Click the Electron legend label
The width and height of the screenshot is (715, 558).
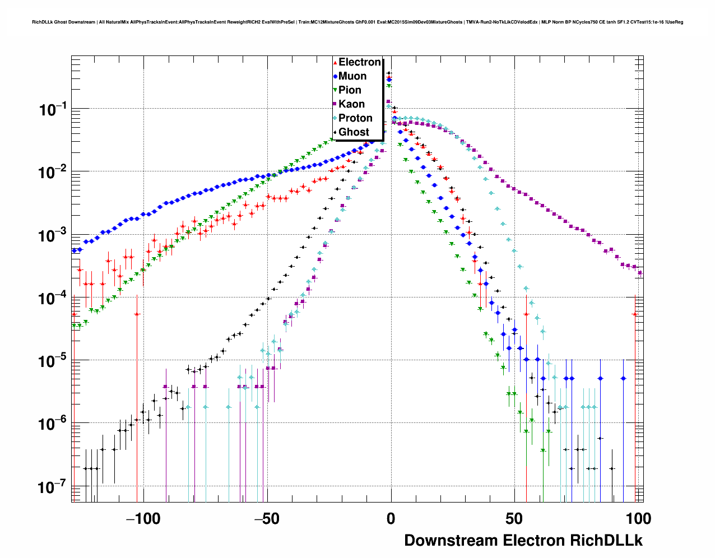[360, 62]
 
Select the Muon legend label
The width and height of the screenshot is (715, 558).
[352, 76]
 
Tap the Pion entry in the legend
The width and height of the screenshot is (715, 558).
[350, 90]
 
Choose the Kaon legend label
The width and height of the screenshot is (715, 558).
[351, 104]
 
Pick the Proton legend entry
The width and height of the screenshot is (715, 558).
[355, 118]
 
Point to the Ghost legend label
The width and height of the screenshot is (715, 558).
[354, 132]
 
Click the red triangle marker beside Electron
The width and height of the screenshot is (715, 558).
[335, 63]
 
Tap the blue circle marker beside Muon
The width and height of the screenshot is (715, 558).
[335, 77]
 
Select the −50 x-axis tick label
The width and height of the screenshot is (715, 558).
[267, 519]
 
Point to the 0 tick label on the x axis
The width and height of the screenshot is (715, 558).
[391, 519]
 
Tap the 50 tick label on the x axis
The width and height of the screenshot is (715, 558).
[514, 519]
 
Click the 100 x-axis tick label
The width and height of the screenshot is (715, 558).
[637, 519]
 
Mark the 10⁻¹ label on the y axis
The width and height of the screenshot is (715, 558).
[53, 110]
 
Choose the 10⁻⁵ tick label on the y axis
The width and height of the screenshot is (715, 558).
[53, 361]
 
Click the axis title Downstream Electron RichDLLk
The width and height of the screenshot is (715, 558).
[523, 541]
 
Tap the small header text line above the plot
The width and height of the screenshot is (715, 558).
[357, 22]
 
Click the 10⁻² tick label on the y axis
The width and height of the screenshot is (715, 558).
[53, 173]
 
